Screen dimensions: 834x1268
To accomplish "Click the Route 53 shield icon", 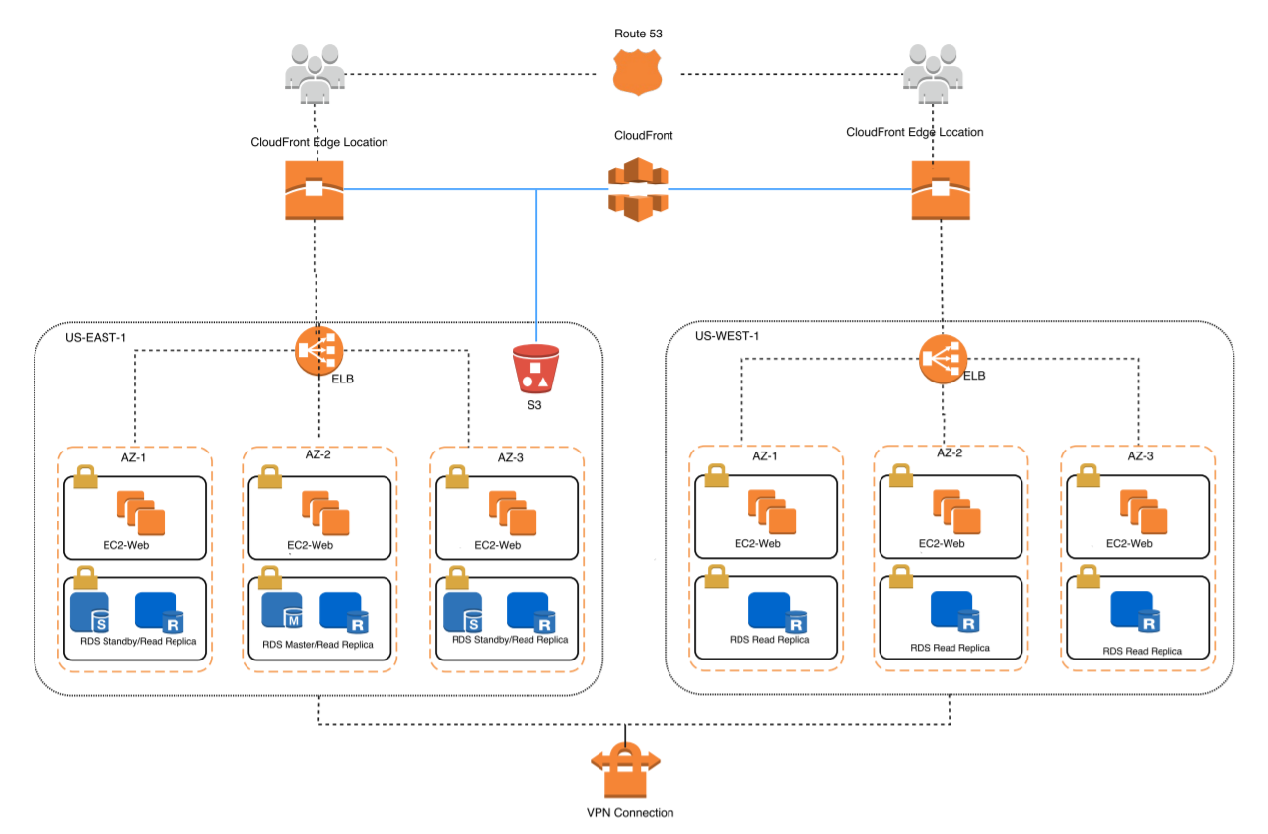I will (637, 73).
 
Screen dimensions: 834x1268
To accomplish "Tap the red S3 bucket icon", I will (535, 368).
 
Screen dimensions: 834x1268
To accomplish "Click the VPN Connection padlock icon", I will (625, 769).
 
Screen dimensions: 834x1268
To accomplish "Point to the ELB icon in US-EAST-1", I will (318, 350).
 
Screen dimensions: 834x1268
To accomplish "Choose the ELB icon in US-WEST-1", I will (943, 360).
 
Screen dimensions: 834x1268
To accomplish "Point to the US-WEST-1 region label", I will (727, 335).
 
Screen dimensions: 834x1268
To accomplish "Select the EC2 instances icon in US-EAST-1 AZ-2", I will (324, 513).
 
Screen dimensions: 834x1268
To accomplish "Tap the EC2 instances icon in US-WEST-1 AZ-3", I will (1144, 513).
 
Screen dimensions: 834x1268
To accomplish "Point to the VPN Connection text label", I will (629, 813).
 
